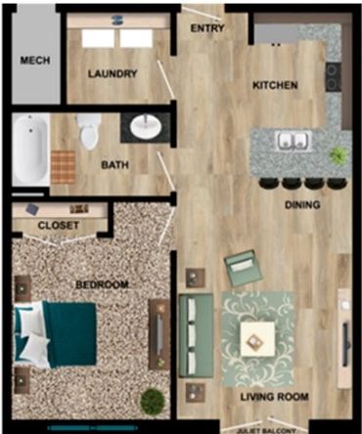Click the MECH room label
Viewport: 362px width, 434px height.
[35, 61]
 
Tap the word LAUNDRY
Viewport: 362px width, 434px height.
[113, 73]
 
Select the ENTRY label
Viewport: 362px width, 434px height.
[207, 28]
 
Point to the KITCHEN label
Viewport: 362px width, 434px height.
[275, 85]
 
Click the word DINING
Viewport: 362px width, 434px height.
[302, 204]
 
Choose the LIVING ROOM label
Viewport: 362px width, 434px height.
[275, 397]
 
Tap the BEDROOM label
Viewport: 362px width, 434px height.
[102, 284]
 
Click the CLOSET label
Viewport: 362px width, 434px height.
[59, 225]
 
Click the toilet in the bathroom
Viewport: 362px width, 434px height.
[89, 131]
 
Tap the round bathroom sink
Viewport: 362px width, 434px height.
[145, 127]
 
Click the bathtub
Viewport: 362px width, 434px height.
[30, 150]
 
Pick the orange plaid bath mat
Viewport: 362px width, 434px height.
[64, 166]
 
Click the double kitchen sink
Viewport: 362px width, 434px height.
[294, 141]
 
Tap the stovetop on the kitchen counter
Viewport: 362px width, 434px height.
[334, 77]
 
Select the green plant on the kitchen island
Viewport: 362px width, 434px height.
[339, 155]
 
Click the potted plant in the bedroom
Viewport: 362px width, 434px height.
[153, 402]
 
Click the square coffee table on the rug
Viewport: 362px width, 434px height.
[257, 339]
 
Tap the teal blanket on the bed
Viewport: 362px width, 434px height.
[70, 334]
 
